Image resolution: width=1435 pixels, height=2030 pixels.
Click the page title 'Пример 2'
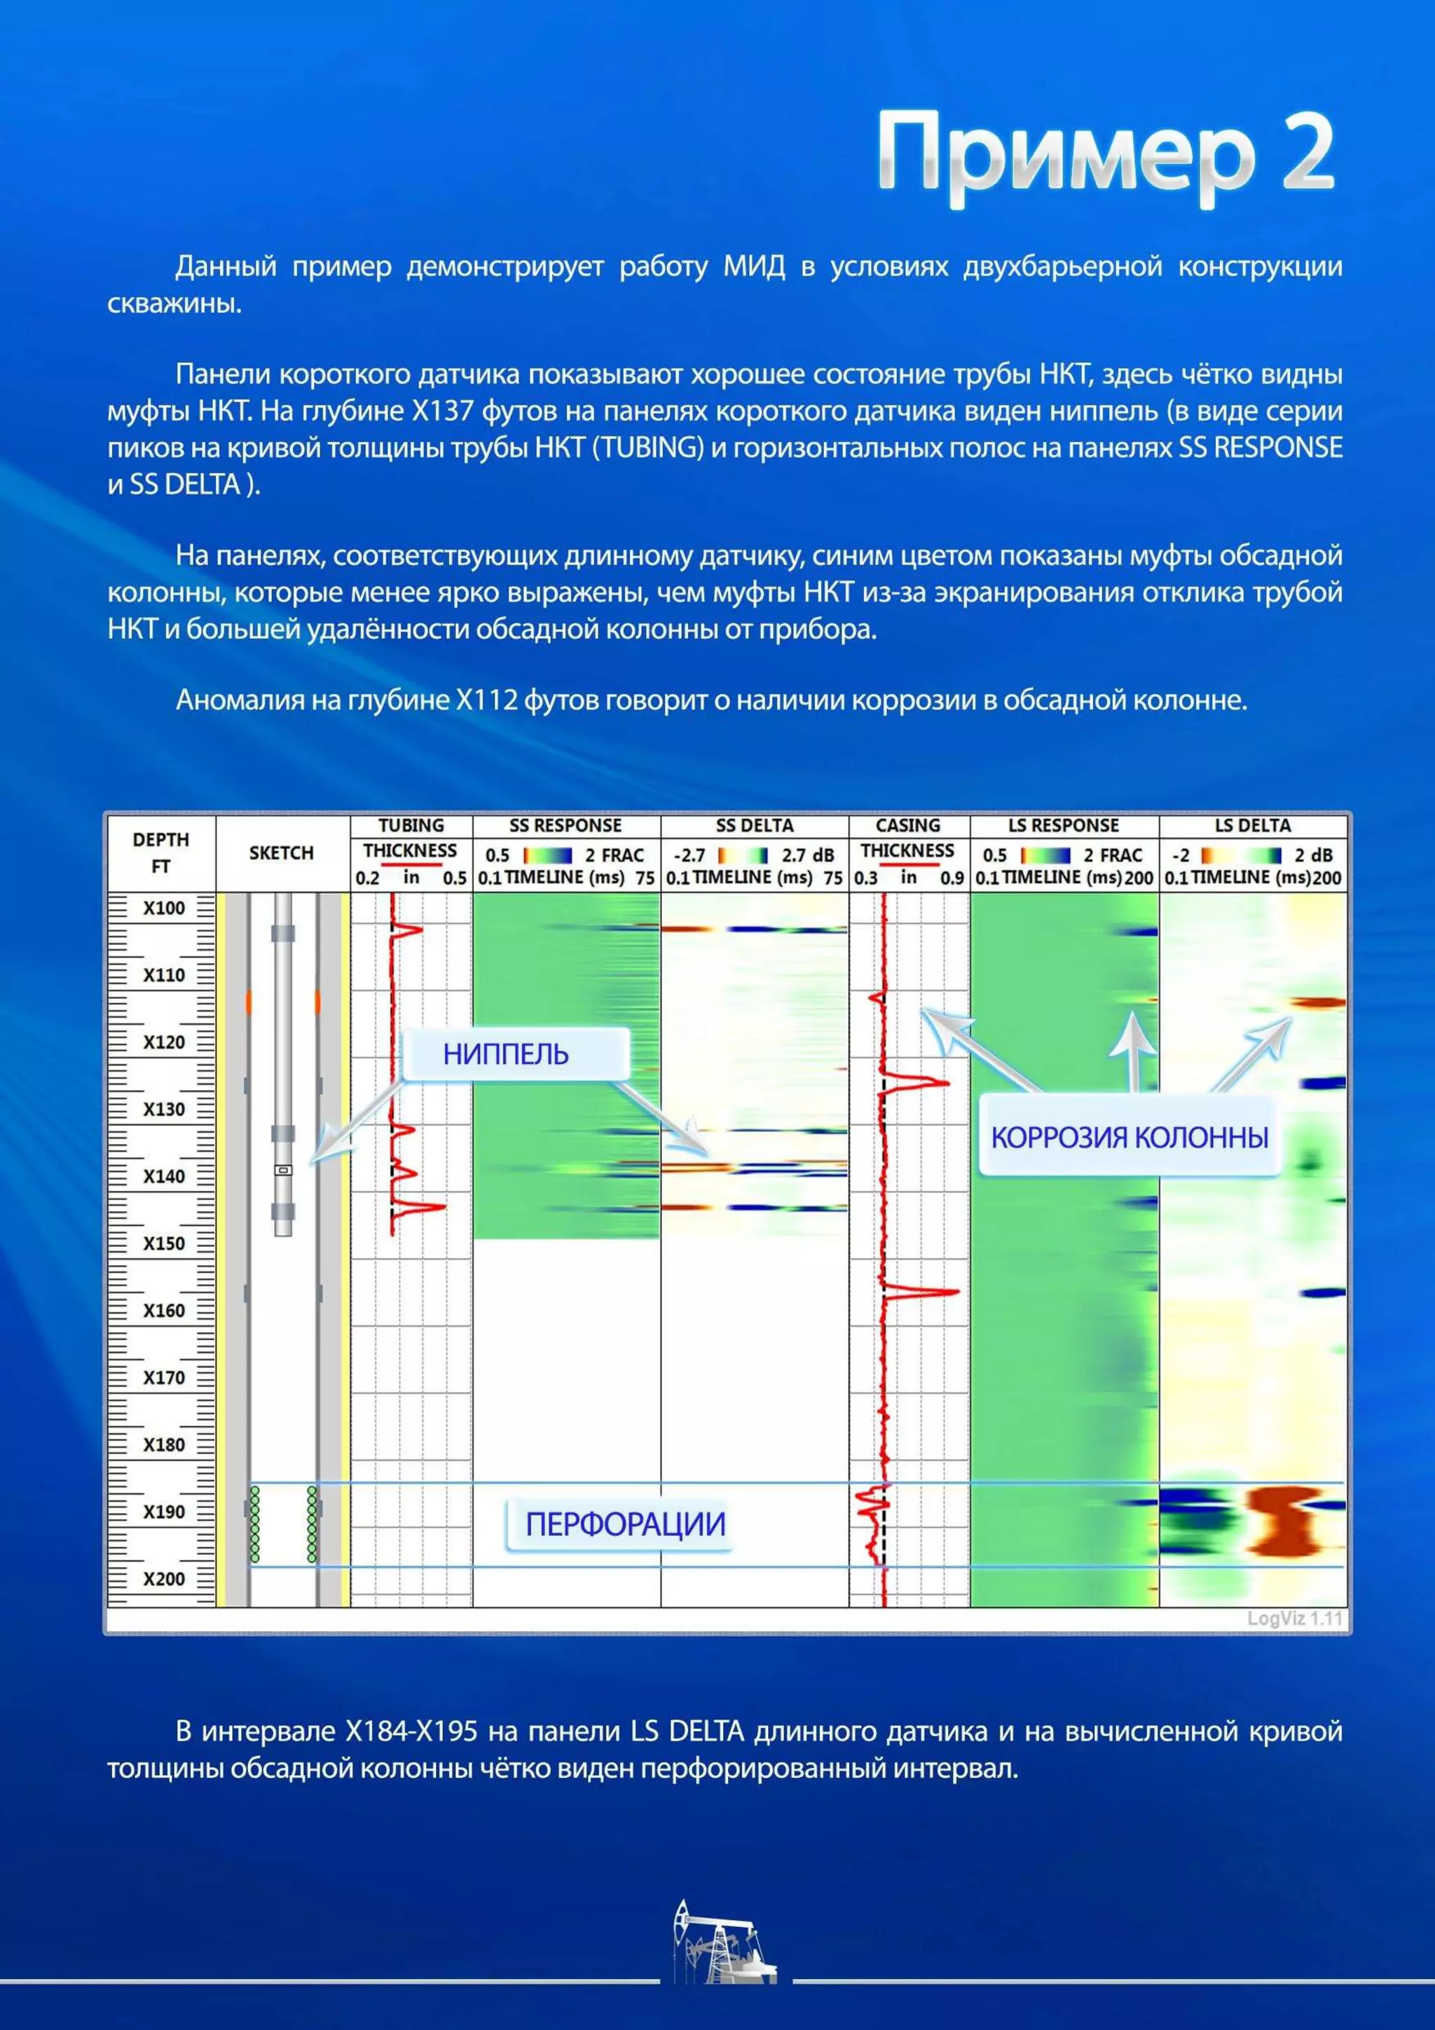(x=1105, y=153)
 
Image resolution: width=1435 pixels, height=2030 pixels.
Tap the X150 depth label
(x=165, y=1243)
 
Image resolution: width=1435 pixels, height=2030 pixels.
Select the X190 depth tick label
(x=165, y=1511)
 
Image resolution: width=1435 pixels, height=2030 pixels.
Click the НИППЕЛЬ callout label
(x=506, y=1054)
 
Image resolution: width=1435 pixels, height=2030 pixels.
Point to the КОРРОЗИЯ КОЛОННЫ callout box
(x=1129, y=1137)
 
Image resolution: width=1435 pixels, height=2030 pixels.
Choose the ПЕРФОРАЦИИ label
(x=624, y=1524)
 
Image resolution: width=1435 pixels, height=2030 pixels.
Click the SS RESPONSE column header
(x=566, y=826)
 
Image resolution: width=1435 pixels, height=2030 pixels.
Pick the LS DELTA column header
(x=1252, y=826)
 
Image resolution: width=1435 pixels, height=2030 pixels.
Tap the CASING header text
(x=908, y=826)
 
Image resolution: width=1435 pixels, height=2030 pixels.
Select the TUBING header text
(x=411, y=826)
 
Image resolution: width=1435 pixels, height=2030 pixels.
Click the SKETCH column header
(x=281, y=853)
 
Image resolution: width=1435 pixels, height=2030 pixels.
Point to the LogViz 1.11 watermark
(x=1294, y=1618)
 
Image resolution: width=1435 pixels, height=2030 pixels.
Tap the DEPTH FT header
(x=161, y=852)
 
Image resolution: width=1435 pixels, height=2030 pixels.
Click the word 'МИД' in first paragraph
(x=753, y=266)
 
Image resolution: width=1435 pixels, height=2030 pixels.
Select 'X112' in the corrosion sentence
(x=486, y=700)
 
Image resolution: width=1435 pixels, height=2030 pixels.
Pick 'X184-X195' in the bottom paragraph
(x=411, y=1730)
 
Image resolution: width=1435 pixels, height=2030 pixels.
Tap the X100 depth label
(x=165, y=908)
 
